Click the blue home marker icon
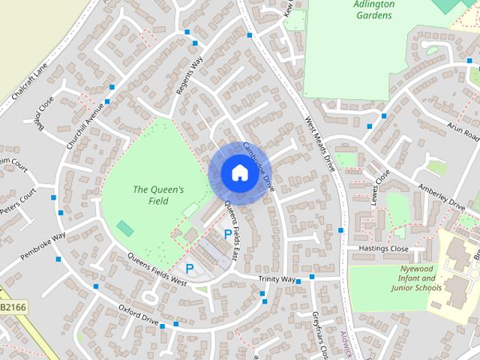coord(238,172)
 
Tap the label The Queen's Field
coord(158,196)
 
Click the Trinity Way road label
coord(277,279)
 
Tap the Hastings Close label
coord(382,249)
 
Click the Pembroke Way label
coord(43,246)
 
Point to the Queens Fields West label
coord(157,268)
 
